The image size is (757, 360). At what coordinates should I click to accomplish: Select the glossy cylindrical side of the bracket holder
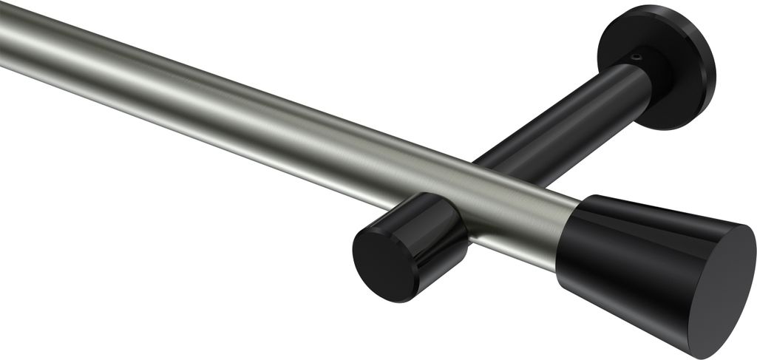pyautogui.click(x=432, y=229)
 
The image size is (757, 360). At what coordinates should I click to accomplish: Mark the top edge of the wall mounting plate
pyautogui.click(x=651, y=9)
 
